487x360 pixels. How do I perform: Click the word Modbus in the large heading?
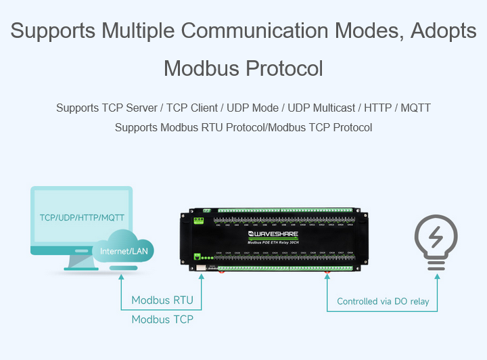pos(201,68)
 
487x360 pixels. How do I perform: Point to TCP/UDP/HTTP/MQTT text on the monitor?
pos(82,217)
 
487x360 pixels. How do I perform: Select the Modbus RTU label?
pos(162,300)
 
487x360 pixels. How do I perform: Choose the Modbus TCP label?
pos(162,319)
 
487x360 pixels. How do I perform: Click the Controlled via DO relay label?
pos(383,301)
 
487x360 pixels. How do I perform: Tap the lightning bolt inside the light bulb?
pos(435,238)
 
